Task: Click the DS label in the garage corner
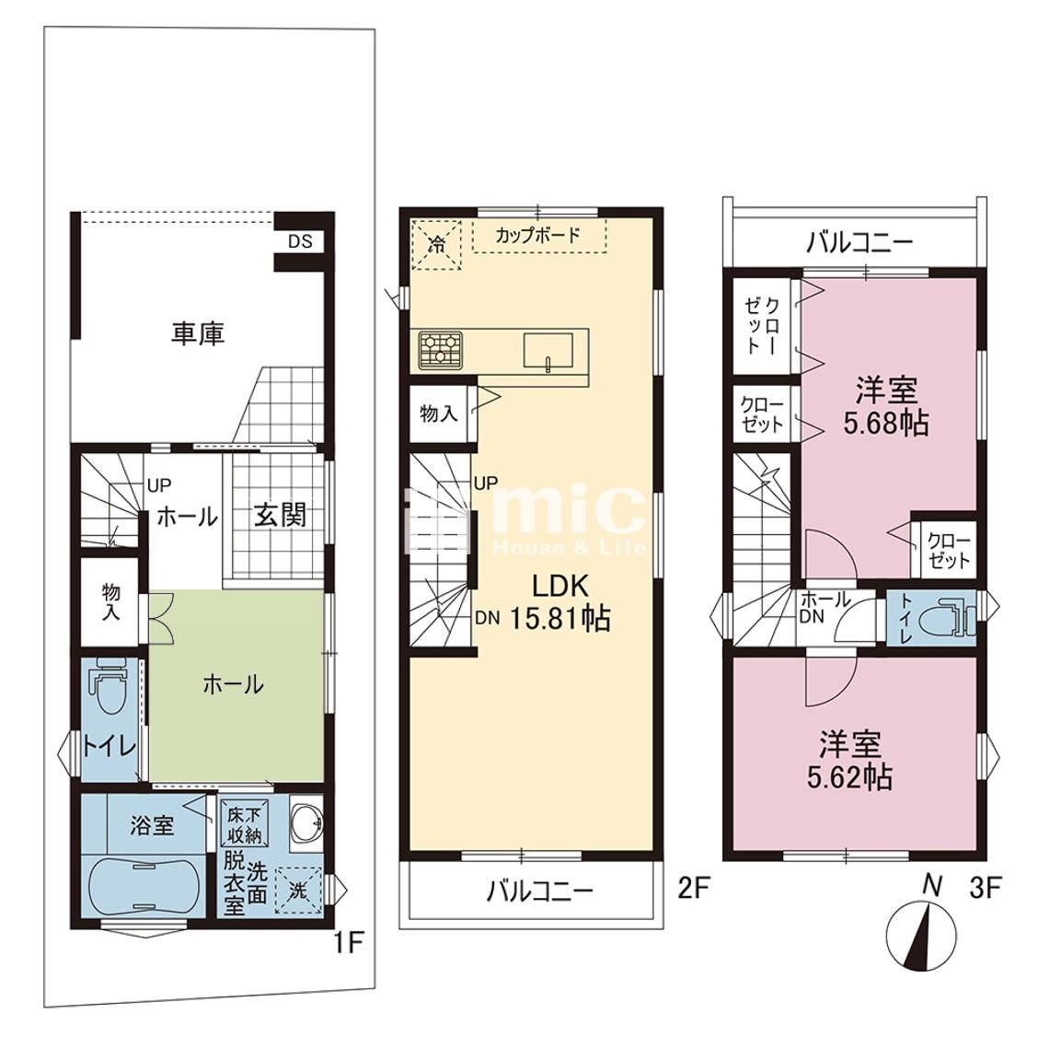tap(301, 241)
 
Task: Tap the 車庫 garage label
tap(198, 333)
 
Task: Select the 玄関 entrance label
tap(281, 515)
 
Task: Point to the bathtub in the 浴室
tap(144, 886)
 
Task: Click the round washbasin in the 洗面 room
tap(307, 821)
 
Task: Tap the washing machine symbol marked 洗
tap(299, 891)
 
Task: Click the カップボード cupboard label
tap(537, 235)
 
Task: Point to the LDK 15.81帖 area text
tap(560, 602)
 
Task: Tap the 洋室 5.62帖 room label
tap(849, 760)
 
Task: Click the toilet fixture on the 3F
tap(945, 617)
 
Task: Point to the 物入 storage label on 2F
tap(439, 414)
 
